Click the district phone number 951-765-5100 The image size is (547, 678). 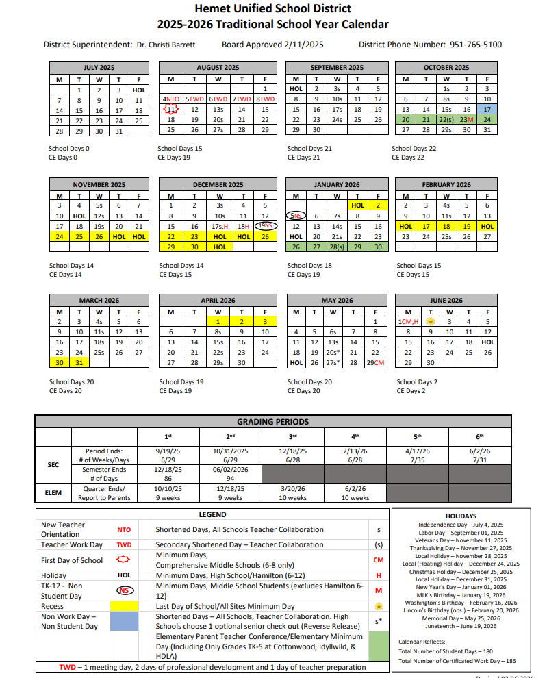pos(476,45)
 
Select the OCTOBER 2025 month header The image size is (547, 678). pos(446,68)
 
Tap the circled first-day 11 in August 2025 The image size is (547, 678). pos(172,109)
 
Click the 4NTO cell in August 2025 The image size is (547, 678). pos(171,99)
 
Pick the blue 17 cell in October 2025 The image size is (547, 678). pos(487,109)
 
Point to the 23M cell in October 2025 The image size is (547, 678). pos(466,119)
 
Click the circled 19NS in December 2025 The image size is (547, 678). pos(264,226)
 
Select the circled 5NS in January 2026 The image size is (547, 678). pos(296,216)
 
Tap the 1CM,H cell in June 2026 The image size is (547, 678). pos(409,321)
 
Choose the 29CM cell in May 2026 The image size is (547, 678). pos(375,363)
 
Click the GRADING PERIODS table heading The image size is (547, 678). pos(272,422)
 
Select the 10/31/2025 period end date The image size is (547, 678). pos(230,451)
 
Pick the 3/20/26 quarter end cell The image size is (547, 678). pos(292,489)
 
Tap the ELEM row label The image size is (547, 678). pos(53,493)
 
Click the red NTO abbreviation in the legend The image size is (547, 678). pos(124,530)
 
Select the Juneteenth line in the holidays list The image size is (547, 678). pos(460,625)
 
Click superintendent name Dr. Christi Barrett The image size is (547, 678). pos(166,45)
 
